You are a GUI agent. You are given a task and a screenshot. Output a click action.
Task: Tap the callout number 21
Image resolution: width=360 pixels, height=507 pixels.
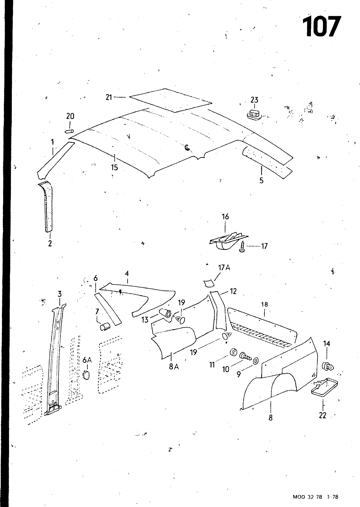tap(109, 97)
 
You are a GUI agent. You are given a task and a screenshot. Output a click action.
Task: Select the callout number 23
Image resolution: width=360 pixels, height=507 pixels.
tap(254, 100)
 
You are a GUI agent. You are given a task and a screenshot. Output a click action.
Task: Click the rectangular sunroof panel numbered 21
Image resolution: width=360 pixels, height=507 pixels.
tap(171, 100)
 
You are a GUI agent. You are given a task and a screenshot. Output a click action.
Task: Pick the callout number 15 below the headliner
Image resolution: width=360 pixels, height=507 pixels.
tap(114, 167)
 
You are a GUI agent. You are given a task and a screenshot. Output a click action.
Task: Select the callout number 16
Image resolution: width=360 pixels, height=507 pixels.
tap(225, 217)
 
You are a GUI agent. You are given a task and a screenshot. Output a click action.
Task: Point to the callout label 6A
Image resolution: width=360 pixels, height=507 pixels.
tap(87, 360)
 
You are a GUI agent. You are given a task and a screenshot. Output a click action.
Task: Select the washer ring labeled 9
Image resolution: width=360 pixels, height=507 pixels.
tap(256, 361)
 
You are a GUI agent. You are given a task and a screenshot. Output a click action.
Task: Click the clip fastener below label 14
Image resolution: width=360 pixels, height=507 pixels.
tap(328, 367)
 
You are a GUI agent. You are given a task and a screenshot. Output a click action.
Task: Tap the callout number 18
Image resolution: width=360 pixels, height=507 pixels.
tap(264, 305)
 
